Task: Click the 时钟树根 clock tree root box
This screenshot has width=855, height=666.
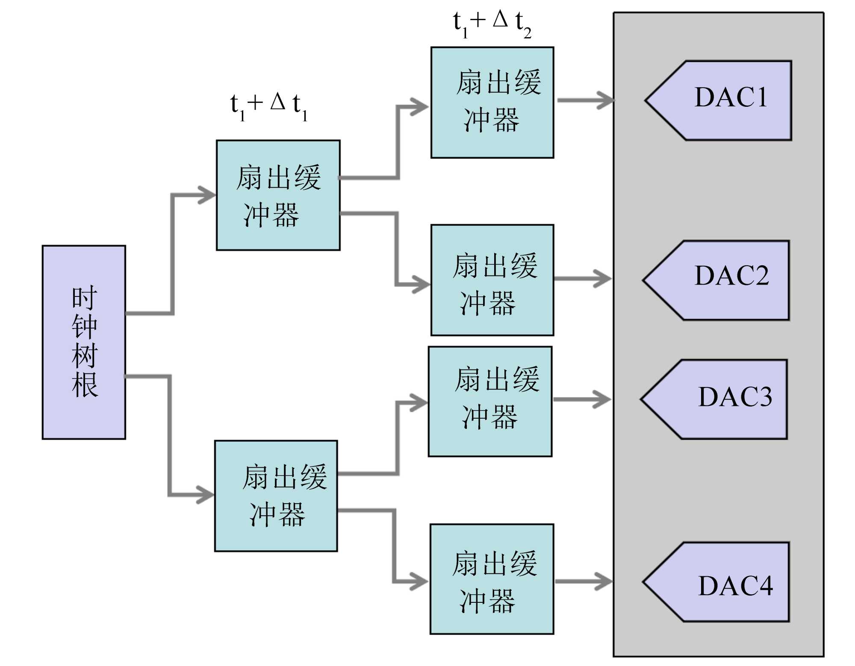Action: pyautogui.click(x=84, y=342)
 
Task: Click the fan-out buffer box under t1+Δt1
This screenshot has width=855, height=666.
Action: pyautogui.click(x=278, y=195)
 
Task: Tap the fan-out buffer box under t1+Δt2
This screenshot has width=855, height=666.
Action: pyautogui.click(x=492, y=103)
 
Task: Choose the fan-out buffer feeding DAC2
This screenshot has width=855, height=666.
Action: pyautogui.click(x=492, y=280)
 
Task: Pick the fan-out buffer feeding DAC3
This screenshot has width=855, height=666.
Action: pyautogui.click(x=490, y=401)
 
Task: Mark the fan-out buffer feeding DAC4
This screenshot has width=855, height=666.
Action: pyautogui.click(x=492, y=579)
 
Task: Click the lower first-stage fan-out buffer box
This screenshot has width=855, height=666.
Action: pyautogui.click(x=276, y=496)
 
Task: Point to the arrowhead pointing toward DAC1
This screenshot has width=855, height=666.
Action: pyautogui.click(x=606, y=100)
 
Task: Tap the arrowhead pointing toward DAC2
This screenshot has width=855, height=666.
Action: pyautogui.click(x=604, y=279)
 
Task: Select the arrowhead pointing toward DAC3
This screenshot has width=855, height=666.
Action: pyautogui.click(x=603, y=399)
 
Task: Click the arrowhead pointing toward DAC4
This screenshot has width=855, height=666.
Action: pyautogui.click(x=604, y=581)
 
